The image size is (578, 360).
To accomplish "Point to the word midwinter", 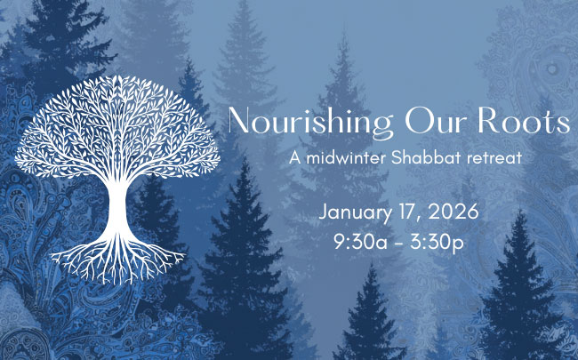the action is pyautogui.click(x=346, y=157).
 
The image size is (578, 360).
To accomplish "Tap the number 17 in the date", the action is pyautogui.click(x=404, y=212).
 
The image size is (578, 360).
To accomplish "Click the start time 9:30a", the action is pyautogui.click(x=360, y=243).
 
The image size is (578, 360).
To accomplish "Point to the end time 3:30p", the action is pyautogui.click(x=437, y=244).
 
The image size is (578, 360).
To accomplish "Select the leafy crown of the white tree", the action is pyautogui.click(x=117, y=129).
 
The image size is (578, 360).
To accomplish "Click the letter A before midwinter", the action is pyautogui.click(x=295, y=157).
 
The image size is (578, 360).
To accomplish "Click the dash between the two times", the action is pyautogui.click(x=398, y=244).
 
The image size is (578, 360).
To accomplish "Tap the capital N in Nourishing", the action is pyautogui.click(x=239, y=121).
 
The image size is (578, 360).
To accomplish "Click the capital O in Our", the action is pyautogui.click(x=418, y=121).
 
